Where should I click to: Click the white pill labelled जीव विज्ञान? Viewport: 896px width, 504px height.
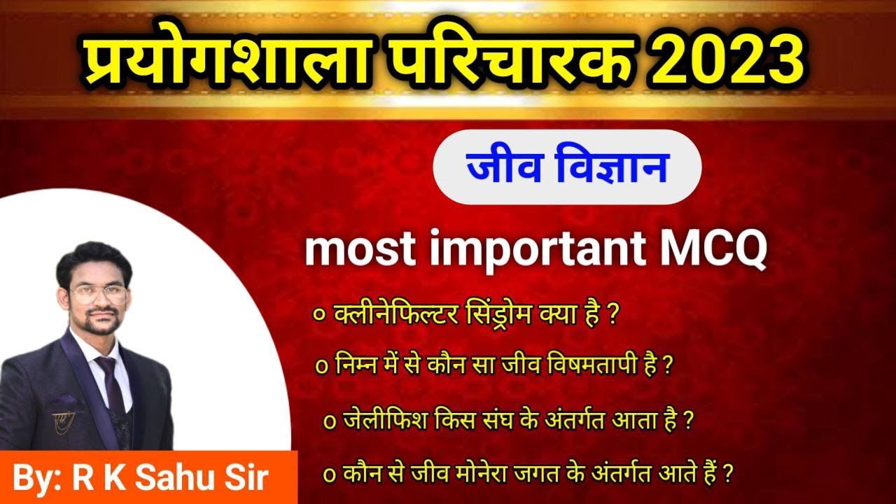[x=567, y=167]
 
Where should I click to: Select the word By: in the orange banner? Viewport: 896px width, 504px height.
[x=38, y=479]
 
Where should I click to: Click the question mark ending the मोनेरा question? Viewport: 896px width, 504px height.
[x=728, y=473]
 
